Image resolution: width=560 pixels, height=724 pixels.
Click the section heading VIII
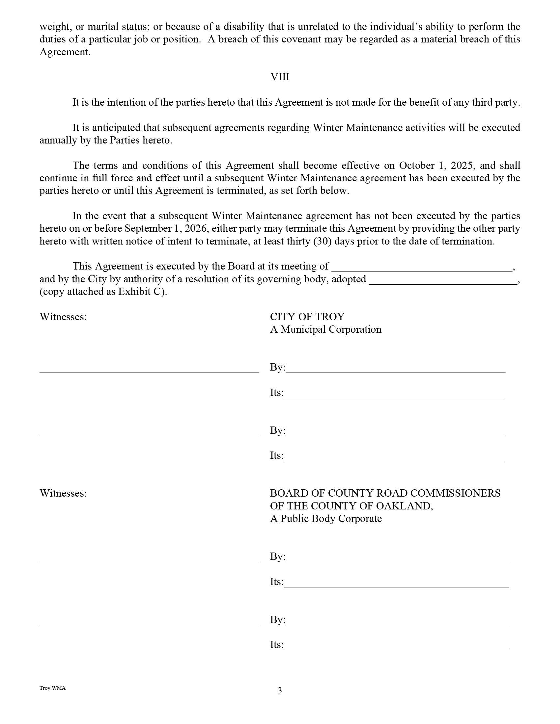pyautogui.click(x=280, y=77)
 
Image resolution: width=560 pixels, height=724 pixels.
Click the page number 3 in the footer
pyautogui.click(x=280, y=690)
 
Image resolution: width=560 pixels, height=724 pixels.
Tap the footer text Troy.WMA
pyautogui.click(x=52, y=688)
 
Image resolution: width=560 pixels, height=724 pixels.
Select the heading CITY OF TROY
pyautogui.click(x=307, y=317)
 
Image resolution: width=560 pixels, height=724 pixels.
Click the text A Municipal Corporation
pyautogui.click(x=325, y=329)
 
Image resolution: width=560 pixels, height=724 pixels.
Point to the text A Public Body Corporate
pyautogui.click(x=325, y=518)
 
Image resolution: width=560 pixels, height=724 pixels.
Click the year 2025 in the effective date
pyautogui.click(x=462, y=166)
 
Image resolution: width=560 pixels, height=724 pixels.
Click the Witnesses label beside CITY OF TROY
pyautogui.click(x=63, y=317)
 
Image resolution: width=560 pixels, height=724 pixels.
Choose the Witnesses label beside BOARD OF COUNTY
pyautogui.click(x=63, y=493)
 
